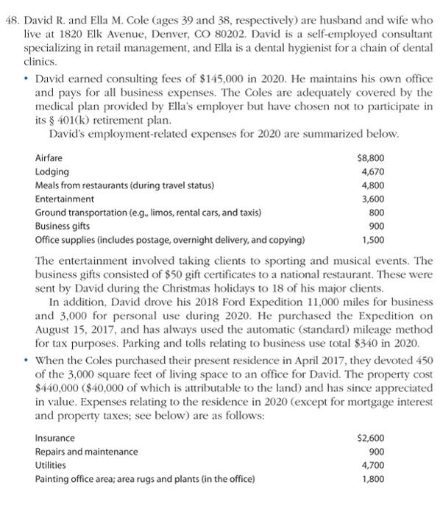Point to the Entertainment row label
pyautogui.click(x=65, y=199)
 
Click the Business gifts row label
pyautogui.click(x=64, y=226)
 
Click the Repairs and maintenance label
pyautogui.click(x=86, y=452)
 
